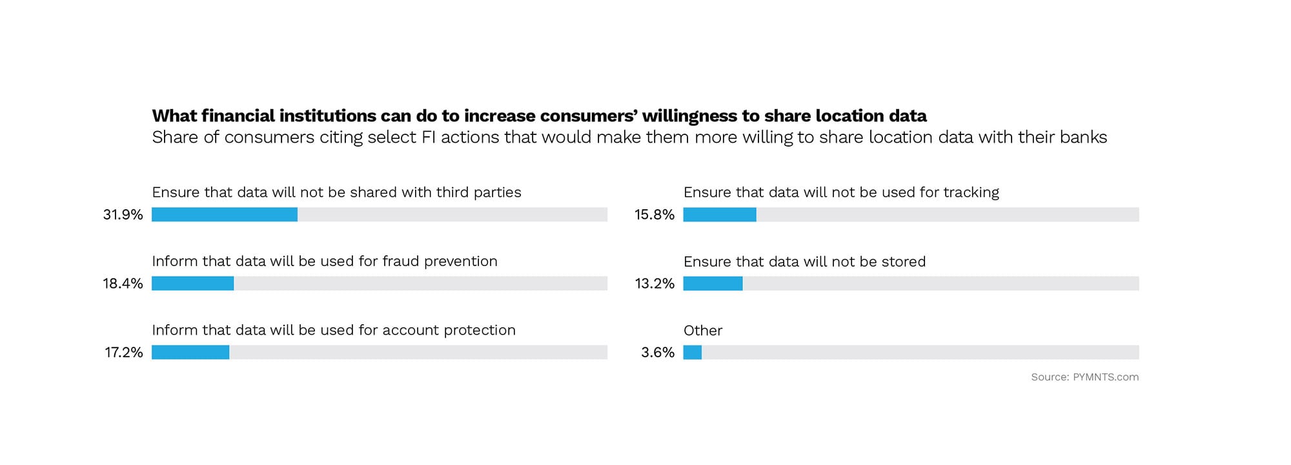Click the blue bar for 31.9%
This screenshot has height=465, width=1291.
225,214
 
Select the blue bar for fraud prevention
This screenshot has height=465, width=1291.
192,284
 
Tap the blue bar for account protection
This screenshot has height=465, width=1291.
190,352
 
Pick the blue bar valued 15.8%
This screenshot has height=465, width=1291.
720,214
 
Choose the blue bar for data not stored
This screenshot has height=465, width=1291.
713,284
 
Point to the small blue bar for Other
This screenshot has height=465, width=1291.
692,352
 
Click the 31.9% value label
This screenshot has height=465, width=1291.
123,214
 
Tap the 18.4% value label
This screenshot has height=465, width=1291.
123,284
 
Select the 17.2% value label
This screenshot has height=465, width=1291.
124,352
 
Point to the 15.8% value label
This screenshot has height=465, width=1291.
655,214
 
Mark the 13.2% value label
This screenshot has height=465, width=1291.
655,284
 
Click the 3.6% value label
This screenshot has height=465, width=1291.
658,352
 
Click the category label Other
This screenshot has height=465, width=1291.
703,331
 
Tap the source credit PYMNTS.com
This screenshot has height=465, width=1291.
1106,377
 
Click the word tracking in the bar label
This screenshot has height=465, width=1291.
971,192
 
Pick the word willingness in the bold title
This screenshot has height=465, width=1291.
689,116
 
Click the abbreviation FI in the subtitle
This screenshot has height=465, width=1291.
429,138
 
